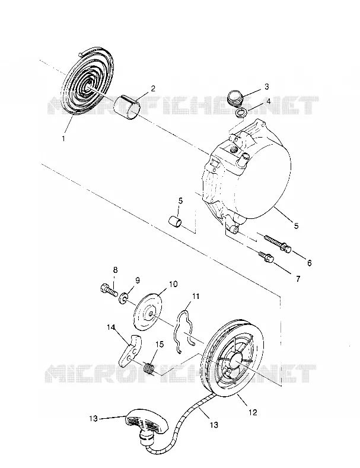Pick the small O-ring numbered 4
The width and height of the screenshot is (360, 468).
[x=241, y=113]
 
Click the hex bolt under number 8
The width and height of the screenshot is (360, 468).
[x=107, y=289]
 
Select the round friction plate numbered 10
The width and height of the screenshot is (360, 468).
[x=148, y=313]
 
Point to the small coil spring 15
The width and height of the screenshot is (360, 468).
[x=149, y=367]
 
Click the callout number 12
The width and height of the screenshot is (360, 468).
[x=253, y=412]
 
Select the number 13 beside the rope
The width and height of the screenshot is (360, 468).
[x=214, y=425]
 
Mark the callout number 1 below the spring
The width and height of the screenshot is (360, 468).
[x=63, y=138]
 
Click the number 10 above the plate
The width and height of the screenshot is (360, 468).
[x=173, y=284]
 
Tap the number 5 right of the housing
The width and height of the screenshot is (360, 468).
[x=296, y=225]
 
